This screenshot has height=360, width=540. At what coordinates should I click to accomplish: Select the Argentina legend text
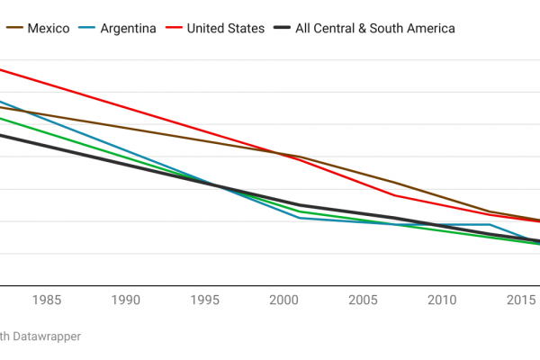pos(129,28)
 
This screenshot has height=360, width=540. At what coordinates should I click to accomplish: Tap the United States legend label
pos(225,28)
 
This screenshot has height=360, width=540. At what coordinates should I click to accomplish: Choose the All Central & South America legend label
pos(378,28)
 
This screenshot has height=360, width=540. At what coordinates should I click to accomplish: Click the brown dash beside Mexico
pos(13,28)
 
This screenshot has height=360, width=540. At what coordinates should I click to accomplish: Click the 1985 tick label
pos(48,300)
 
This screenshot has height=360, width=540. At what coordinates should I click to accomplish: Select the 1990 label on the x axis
pos(126,300)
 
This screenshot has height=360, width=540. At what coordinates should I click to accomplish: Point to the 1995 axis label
pos(205,300)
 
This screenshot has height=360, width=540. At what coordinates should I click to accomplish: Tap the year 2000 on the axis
pos(284,300)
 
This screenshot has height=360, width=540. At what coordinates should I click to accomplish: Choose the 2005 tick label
pos(363,300)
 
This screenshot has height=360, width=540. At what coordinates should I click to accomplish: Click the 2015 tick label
pos(520,300)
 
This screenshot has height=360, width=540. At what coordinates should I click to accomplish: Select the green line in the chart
pos(90,145)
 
